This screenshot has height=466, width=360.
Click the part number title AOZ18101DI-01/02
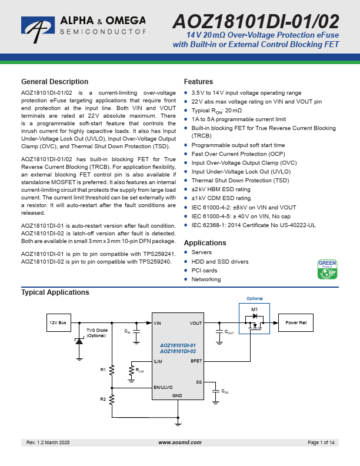coord(255,22)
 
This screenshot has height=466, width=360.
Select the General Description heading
coord(55,82)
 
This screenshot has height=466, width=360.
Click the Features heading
coord(198,82)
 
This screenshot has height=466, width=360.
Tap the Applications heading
coord(205,243)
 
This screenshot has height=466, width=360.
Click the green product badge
coord(327,269)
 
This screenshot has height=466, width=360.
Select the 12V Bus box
coord(58,323)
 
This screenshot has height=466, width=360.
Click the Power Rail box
coord(296,323)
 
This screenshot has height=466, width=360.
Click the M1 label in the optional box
coord(254,309)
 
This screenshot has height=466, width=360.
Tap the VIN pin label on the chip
coord(157,323)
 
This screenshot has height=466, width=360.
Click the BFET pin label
coord(196,361)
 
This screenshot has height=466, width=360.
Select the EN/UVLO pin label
coord(163,387)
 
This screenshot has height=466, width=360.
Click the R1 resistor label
coord(103,370)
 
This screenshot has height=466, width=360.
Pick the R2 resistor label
coord(103,399)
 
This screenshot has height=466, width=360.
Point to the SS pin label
coord(199,382)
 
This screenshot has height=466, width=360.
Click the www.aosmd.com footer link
coord(180,442)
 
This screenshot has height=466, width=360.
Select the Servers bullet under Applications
coord(201,252)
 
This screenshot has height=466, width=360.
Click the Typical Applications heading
coord(55,292)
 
